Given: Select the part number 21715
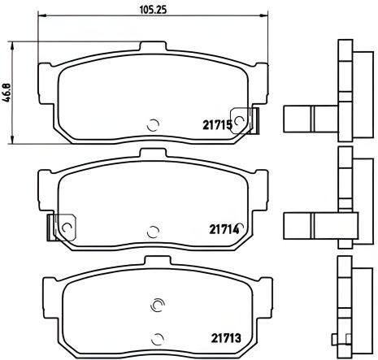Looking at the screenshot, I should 218,124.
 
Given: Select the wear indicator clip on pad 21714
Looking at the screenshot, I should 62,227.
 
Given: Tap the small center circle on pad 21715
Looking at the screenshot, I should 152,125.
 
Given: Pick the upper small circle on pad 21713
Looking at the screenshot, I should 157,306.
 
